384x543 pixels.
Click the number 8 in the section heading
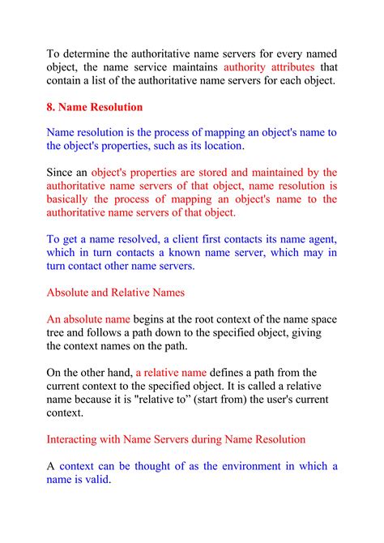click(50, 106)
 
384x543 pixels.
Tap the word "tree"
click(57, 332)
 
